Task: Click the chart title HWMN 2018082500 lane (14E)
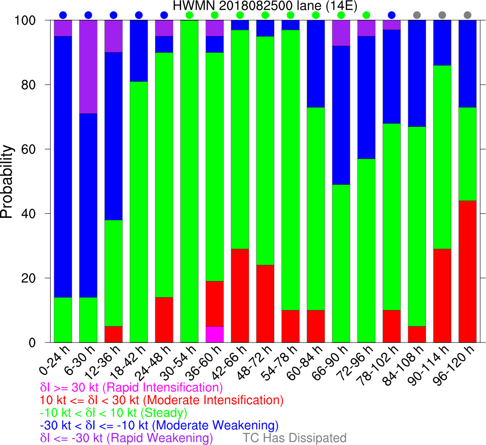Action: coord(265,6)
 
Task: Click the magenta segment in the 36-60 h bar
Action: coord(214,334)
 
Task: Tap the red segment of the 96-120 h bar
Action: coord(468,271)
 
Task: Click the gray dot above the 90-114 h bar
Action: coord(442,15)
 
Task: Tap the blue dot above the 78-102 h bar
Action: coord(392,15)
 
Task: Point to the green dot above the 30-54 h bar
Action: coord(189,15)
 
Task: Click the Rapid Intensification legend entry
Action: coord(132,387)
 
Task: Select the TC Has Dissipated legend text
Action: coord(294,437)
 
